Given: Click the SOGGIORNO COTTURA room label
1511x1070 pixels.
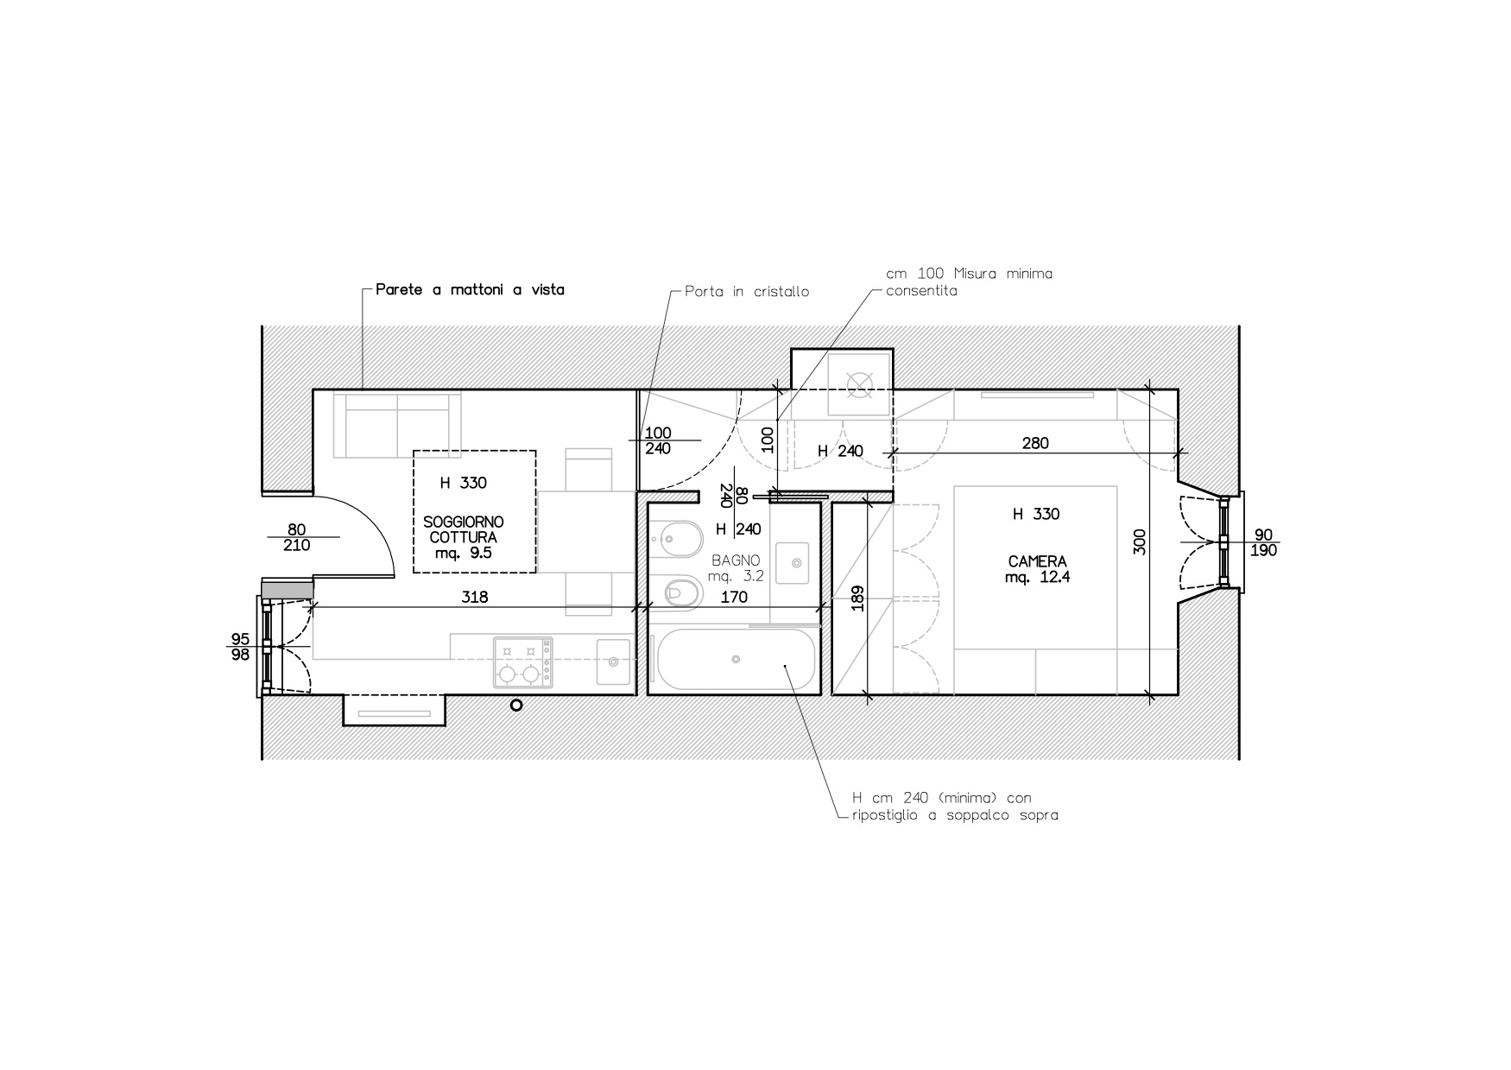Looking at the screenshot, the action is coord(463,529).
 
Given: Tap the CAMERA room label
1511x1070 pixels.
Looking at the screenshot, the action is coord(1037,561).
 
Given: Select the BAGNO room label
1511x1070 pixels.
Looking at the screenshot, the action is coord(736,560).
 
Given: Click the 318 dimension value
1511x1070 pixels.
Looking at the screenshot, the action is coord(474,597).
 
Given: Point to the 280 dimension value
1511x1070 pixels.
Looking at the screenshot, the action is coord(1034,443).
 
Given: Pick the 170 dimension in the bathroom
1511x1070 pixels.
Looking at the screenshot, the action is coord(733,597).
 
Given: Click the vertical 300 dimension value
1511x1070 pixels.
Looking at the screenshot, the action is coord(1139,541).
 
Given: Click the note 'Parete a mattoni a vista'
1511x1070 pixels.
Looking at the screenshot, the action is coord(470,290).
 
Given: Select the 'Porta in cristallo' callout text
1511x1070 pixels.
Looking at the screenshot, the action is coord(747,292).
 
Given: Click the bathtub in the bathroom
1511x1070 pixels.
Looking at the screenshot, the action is coord(736,660).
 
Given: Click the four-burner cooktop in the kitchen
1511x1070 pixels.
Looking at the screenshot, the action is coord(522,662).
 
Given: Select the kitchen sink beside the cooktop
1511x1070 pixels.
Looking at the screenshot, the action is coord(613,662).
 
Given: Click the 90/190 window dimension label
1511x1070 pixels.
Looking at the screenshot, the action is coord(1263,542).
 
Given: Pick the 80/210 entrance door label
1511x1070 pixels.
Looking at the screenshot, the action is coord(297,537).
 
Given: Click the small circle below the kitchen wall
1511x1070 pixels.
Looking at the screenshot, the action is coord(516,706).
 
